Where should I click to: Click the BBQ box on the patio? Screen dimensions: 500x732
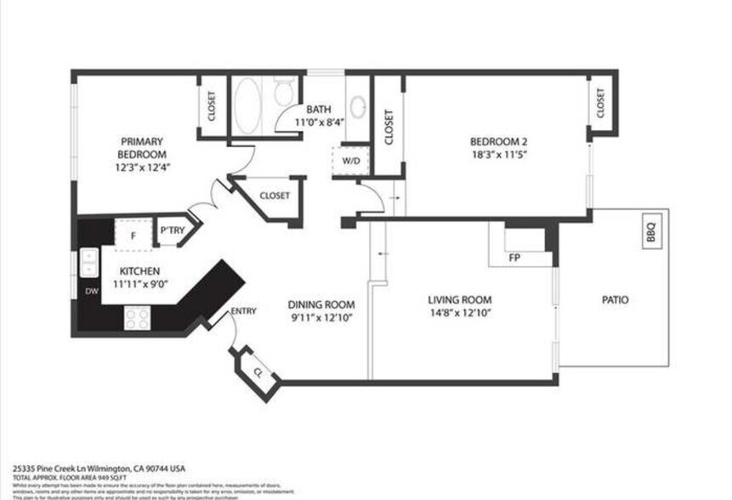650,230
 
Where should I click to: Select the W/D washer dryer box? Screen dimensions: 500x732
350,160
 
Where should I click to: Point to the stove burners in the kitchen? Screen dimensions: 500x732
138,317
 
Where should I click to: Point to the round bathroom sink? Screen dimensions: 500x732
360,107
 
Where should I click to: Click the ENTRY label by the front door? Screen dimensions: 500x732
243,311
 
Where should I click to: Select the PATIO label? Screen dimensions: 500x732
615,300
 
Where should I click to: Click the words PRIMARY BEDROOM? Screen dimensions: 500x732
142,147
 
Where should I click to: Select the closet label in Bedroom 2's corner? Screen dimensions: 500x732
600,104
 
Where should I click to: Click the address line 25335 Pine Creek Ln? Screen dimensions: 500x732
99,469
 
